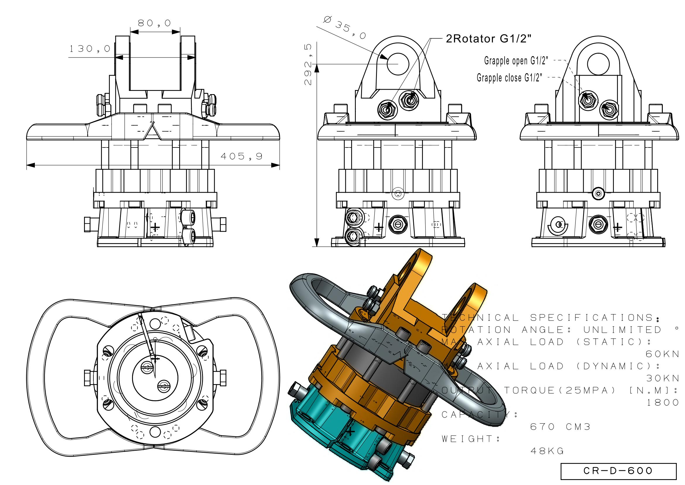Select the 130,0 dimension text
coord(90,49)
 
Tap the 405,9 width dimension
coord(241,156)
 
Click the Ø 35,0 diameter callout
coord(345,28)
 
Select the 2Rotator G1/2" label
coord(489,39)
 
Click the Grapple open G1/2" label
coord(516,61)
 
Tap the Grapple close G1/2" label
coord(509,78)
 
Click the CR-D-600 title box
coord(618,471)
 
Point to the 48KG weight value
coord(547,451)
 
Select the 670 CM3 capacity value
coord(560,427)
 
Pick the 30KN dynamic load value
coord(662,378)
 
